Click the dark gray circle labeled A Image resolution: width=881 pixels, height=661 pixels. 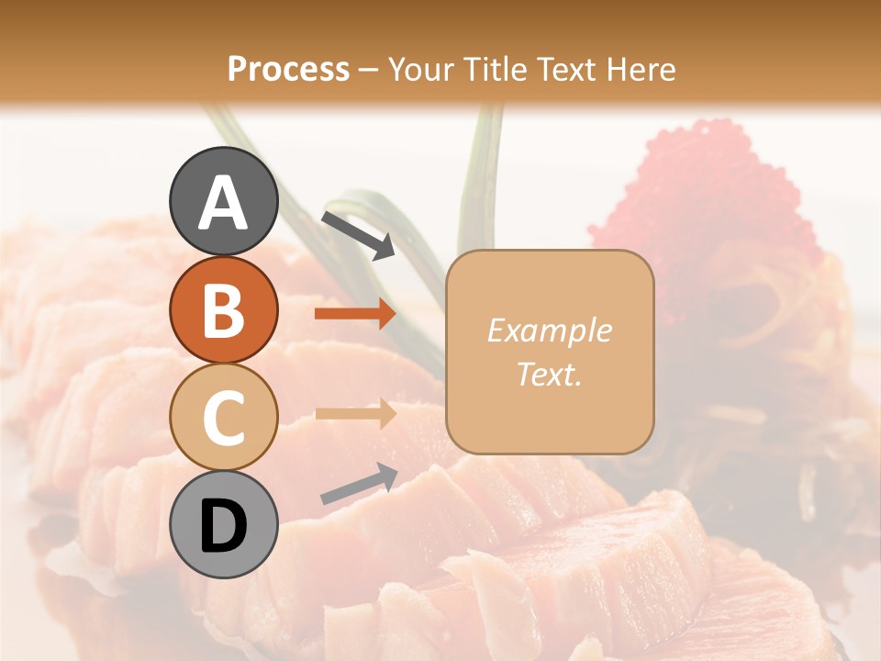coord(224,201)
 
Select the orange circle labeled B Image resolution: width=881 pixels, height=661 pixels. coord(224,309)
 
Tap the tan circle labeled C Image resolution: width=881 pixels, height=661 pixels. coord(224,417)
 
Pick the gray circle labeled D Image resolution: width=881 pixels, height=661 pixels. coord(224,524)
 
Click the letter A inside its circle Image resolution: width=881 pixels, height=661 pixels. coord(224,203)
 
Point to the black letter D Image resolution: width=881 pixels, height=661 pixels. coord(224,526)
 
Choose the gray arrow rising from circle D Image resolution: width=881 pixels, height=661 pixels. coord(359,485)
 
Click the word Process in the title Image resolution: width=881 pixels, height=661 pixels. coord(288,69)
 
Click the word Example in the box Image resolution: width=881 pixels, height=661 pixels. coord(549,330)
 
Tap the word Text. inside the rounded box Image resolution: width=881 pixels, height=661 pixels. coord(549,375)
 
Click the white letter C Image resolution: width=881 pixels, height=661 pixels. coord(223,418)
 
